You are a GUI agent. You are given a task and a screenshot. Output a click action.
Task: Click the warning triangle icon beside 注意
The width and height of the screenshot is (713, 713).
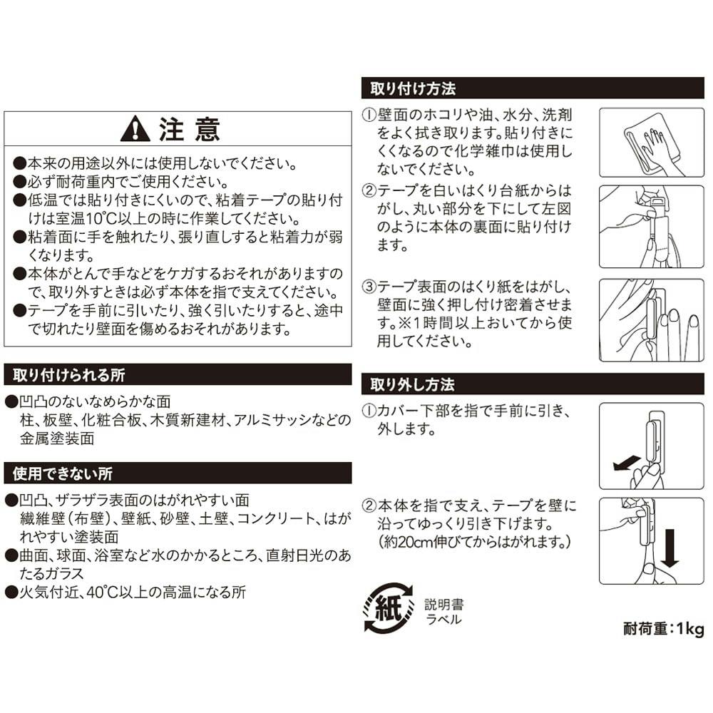point(135,129)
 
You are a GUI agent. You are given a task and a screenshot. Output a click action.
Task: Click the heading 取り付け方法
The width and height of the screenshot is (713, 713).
point(412,88)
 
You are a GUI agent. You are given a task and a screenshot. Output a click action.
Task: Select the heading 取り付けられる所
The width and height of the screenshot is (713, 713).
point(68,375)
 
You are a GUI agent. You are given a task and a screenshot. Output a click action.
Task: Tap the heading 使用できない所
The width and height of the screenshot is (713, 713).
point(62,474)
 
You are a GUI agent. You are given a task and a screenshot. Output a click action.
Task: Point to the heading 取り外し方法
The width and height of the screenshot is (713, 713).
point(412,385)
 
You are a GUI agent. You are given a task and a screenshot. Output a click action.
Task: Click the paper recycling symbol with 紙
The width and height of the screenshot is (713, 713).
point(389,608)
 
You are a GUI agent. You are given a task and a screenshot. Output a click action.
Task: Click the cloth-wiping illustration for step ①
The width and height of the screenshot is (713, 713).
point(651,143)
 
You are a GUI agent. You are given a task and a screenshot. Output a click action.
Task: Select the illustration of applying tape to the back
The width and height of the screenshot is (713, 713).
point(651,227)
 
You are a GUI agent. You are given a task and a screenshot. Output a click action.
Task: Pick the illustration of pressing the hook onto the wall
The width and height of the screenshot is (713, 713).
point(651,320)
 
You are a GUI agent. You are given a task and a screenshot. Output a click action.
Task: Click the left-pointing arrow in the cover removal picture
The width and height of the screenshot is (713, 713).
point(627,464)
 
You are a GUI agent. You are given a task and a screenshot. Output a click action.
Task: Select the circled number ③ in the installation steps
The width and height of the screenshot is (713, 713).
point(369,287)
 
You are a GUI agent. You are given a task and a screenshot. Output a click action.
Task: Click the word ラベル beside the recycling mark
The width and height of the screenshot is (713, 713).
point(443,620)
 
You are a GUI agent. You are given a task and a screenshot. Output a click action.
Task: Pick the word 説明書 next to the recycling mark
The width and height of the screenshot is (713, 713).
point(443,605)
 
